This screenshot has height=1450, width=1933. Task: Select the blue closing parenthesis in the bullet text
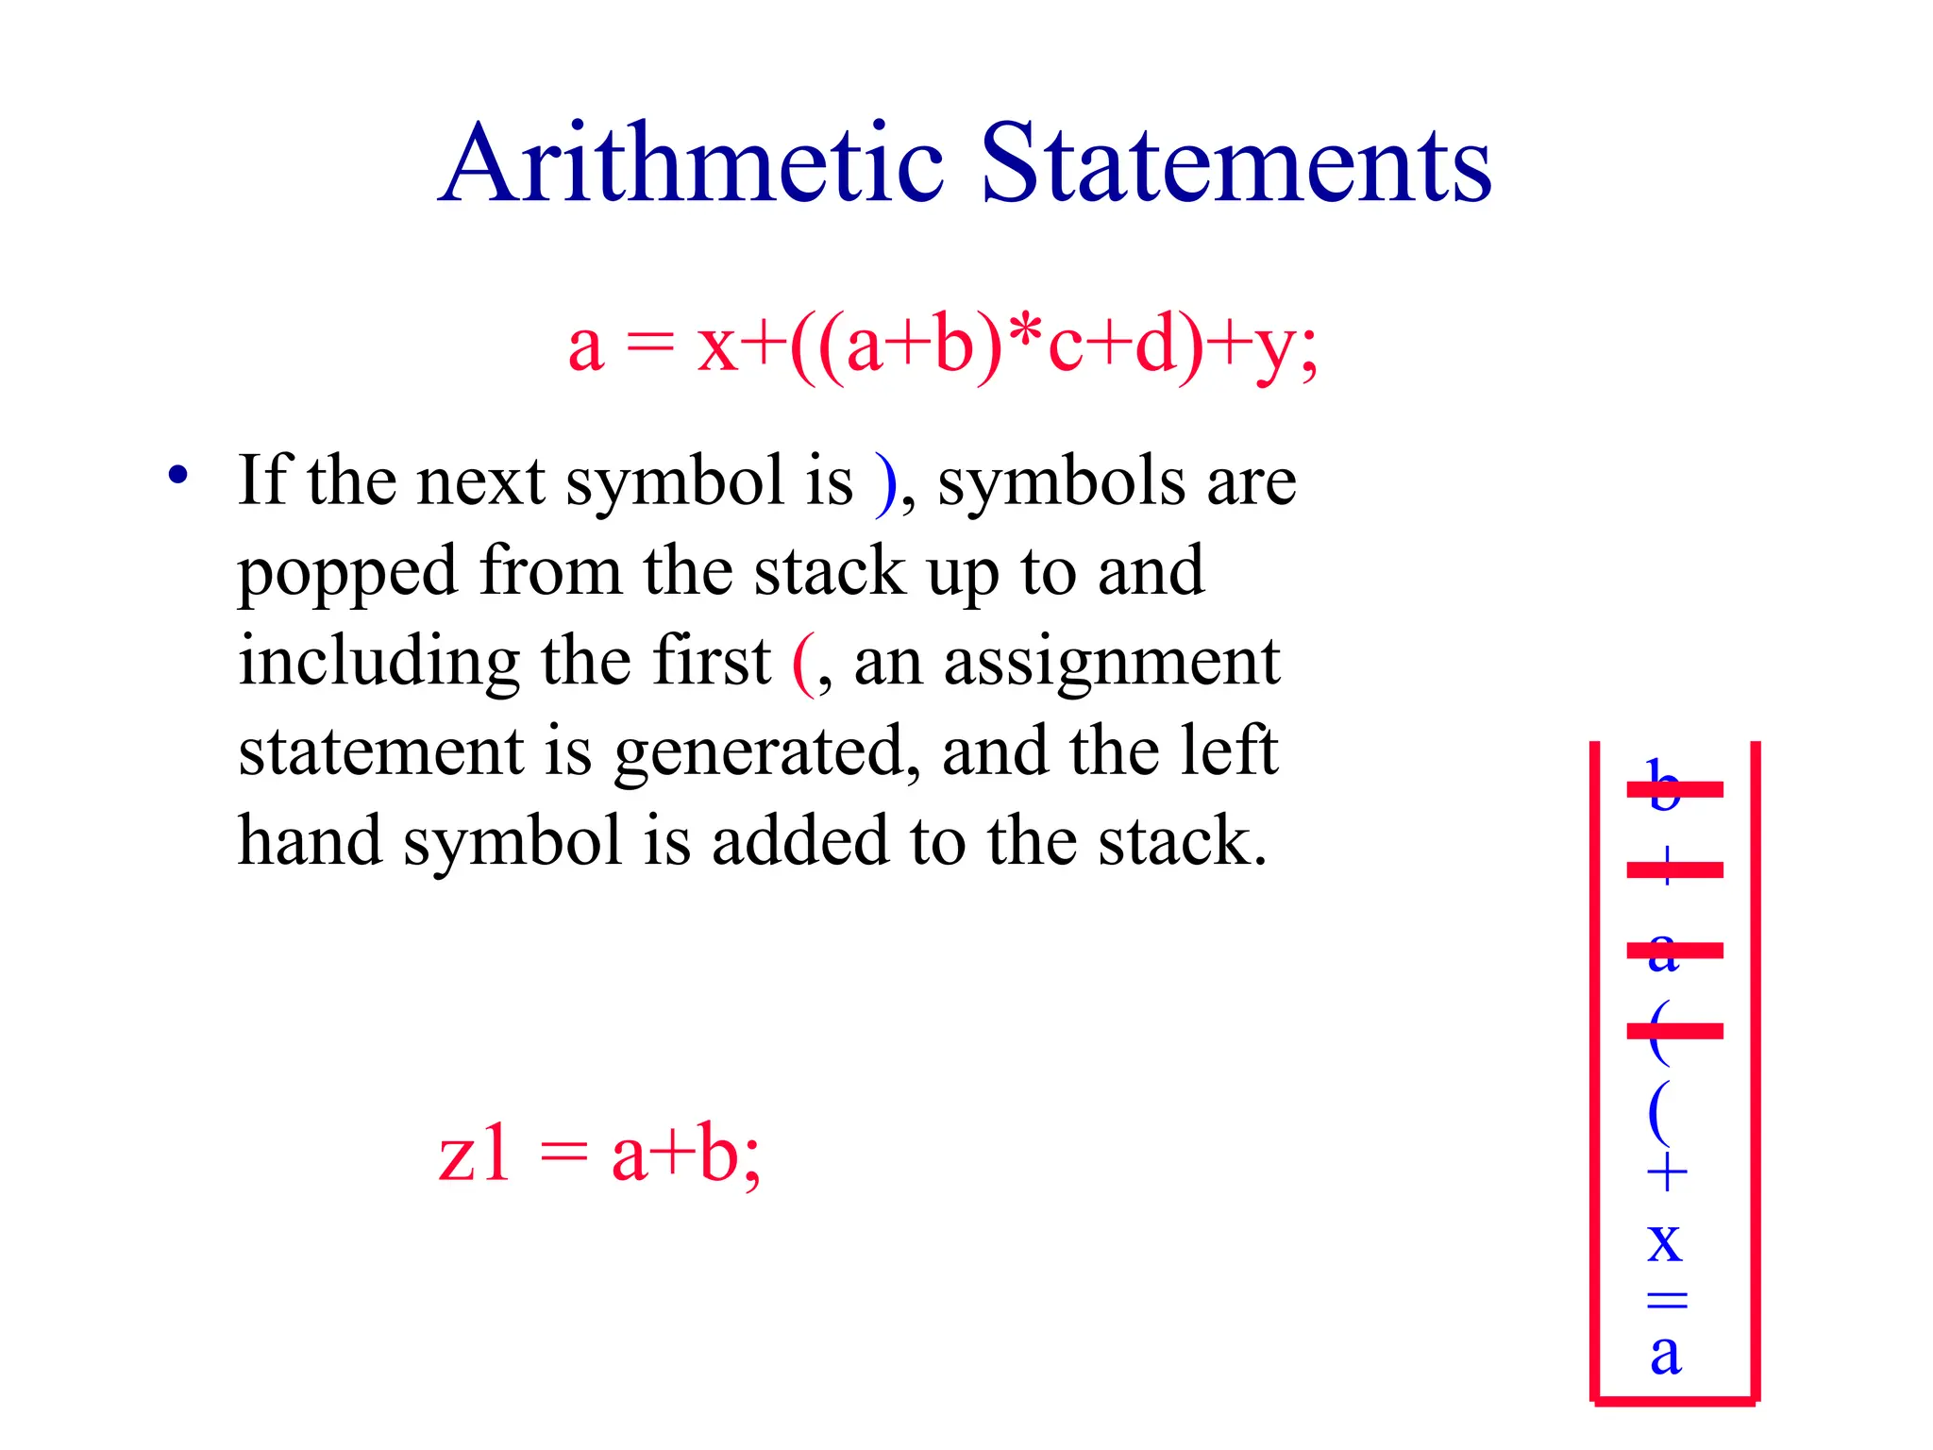click(x=885, y=484)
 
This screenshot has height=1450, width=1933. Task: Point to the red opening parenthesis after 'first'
click(x=803, y=664)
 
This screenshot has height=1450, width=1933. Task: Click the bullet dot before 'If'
click(x=177, y=475)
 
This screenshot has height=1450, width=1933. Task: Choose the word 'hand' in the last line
click(x=310, y=840)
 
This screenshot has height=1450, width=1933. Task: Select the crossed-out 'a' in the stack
click(x=1665, y=951)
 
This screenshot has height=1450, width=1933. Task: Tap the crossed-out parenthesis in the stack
click(x=1661, y=1032)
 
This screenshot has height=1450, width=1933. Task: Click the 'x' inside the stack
click(x=1665, y=1240)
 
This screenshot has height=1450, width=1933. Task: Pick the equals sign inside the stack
click(x=1667, y=1300)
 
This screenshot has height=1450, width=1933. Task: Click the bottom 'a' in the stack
click(x=1666, y=1354)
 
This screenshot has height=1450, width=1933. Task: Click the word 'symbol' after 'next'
click(x=675, y=481)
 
